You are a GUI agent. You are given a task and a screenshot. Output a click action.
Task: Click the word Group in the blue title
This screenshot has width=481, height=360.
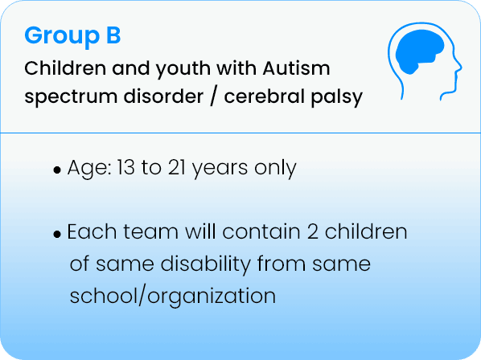pos(62,36)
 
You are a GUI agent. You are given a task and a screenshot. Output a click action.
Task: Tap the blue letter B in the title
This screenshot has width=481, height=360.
pos(113,35)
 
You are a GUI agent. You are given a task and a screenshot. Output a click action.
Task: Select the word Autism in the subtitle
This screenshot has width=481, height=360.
pos(296,68)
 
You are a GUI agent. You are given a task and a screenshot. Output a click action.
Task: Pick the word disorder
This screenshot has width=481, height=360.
pos(163,96)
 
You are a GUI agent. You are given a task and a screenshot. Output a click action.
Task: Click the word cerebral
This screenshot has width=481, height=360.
pos(264,96)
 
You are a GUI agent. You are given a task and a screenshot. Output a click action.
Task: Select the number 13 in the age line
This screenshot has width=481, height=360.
pos(125,168)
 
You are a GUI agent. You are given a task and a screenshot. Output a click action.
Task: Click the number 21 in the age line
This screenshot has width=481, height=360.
pos(177,168)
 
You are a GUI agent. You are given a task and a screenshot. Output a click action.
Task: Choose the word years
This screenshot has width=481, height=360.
pos(220,169)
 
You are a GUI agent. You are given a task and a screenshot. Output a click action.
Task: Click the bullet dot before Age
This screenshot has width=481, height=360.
pos(57,170)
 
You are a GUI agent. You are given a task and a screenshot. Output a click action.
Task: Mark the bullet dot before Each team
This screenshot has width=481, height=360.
pos(57,235)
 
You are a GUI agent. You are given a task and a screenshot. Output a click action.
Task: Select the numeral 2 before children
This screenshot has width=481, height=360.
pos(312,232)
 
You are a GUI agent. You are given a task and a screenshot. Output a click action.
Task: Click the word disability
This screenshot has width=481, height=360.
pos(206,264)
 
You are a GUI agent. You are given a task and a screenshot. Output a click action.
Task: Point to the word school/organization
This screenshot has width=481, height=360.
pos(173,297)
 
